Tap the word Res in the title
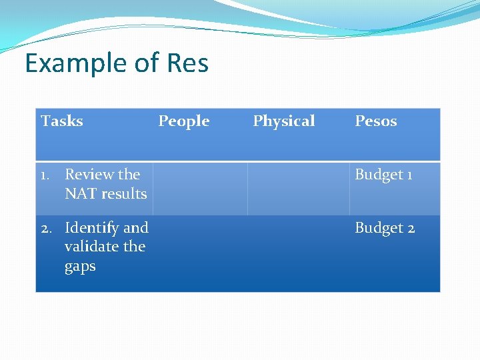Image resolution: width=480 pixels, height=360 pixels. (x=187, y=63)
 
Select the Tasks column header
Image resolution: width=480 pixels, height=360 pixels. (x=62, y=121)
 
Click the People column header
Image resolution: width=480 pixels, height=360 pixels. (x=183, y=121)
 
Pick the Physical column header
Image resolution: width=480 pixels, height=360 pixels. (x=284, y=121)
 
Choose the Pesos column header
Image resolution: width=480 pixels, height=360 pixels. (x=375, y=121)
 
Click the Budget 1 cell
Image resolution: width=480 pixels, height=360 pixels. (x=383, y=175)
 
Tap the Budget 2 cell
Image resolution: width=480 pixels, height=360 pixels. (x=385, y=228)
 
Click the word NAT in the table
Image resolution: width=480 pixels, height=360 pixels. (x=79, y=194)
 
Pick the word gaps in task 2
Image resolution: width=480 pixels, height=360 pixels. (x=80, y=267)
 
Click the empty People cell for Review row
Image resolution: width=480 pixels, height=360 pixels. (x=200, y=189)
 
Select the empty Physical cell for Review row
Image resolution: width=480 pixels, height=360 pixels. (x=298, y=189)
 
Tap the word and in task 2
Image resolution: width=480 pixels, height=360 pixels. (x=135, y=228)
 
